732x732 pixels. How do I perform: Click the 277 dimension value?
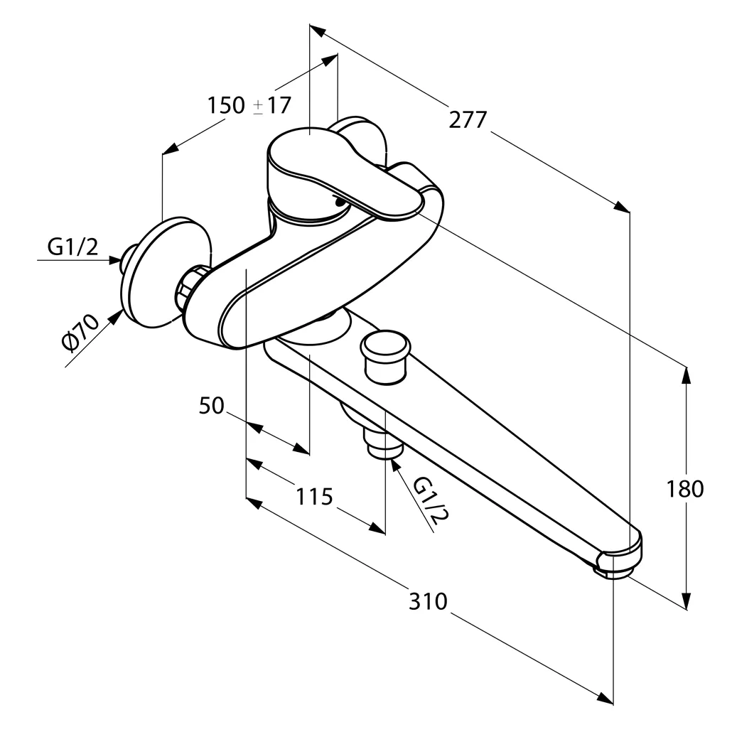coord(468,119)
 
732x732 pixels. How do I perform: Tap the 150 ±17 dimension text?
coord(249,105)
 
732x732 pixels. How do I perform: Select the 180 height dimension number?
coord(685,489)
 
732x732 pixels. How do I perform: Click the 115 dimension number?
coord(314,496)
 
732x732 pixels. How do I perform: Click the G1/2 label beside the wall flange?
coord(72,247)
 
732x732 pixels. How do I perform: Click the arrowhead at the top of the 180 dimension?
coord(687,372)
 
